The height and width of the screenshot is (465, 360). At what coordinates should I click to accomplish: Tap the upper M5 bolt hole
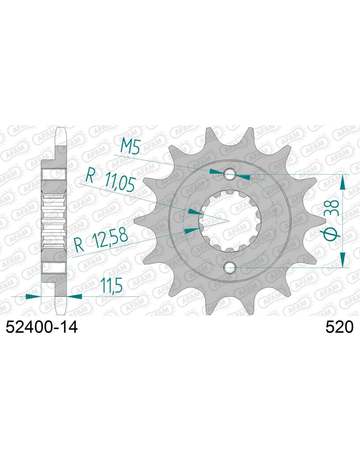coord(229,174)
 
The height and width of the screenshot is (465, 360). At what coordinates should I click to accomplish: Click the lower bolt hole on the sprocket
coord(229,267)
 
